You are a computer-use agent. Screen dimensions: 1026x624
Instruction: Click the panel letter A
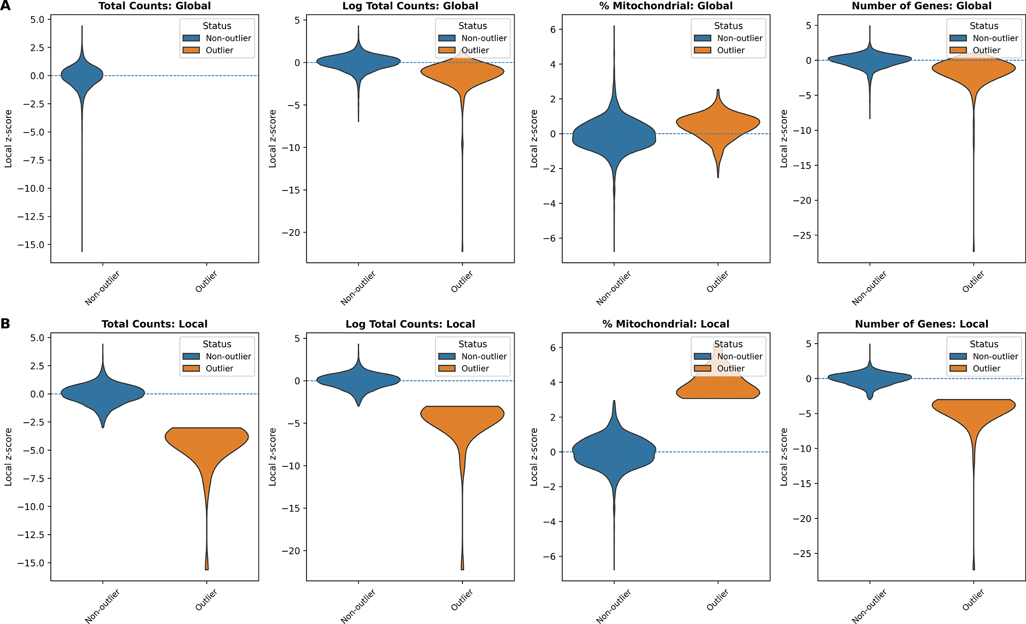[5, 6]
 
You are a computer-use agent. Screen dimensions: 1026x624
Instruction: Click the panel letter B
[5, 323]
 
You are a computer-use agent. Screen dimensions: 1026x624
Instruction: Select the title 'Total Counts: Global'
[155, 6]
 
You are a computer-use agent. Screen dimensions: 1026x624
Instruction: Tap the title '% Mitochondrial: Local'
[666, 324]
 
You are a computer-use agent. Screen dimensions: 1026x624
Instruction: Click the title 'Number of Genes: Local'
[922, 324]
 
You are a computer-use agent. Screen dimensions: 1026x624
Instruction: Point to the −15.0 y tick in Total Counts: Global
[31, 245]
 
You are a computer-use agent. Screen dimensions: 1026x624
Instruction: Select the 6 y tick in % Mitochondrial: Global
[553, 30]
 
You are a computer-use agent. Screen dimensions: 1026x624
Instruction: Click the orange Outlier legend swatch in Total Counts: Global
[191, 50]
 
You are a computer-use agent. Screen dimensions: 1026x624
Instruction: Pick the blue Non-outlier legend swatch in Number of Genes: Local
[958, 356]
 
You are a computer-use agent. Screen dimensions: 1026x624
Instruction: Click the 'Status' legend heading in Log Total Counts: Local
[473, 344]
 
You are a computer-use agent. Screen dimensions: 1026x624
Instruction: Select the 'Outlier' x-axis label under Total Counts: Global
[206, 281]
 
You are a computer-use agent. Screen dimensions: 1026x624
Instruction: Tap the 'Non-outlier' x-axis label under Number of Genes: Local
[869, 606]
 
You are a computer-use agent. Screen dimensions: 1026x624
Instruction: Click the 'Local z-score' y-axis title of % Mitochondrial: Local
[534, 457]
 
